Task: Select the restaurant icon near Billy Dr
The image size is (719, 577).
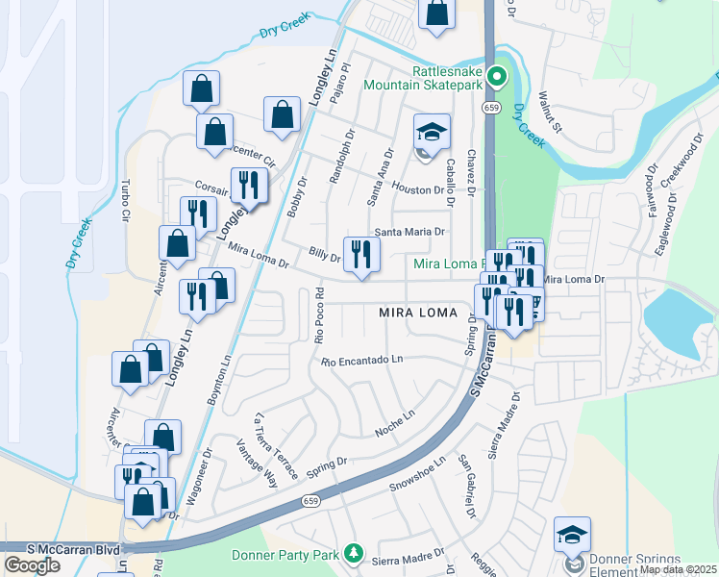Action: (361, 255)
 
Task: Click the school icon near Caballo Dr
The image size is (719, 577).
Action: (433, 133)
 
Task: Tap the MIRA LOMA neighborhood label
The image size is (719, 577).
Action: (418, 312)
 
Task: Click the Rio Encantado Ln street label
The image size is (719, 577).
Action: (361, 361)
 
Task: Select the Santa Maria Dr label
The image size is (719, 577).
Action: (410, 232)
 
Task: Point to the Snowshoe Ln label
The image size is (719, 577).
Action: (418, 474)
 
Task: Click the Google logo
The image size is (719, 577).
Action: (32, 565)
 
